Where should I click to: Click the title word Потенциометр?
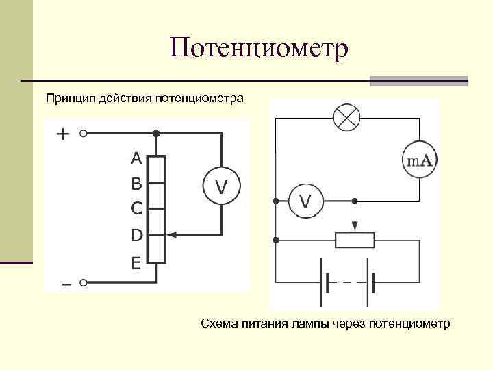pyautogui.click(x=260, y=49)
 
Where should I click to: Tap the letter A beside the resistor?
pyautogui.click(x=136, y=159)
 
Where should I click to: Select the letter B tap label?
pyautogui.click(x=136, y=184)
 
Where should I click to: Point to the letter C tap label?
pyautogui.click(x=136, y=207)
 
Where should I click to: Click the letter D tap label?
pyautogui.click(x=136, y=235)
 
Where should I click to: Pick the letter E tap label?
pyautogui.click(x=136, y=262)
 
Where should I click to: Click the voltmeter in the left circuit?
pyautogui.click(x=221, y=185)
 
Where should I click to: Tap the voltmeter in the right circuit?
pyautogui.click(x=305, y=201)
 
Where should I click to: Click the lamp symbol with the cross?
pyautogui.click(x=346, y=118)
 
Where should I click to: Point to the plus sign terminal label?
pyautogui.click(x=62, y=134)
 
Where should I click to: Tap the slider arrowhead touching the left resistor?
pyautogui.click(x=170, y=235)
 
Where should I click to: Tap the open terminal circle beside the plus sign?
pyautogui.click(x=84, y=134)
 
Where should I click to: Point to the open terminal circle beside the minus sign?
pyautogui.click(x=84, y=282)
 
